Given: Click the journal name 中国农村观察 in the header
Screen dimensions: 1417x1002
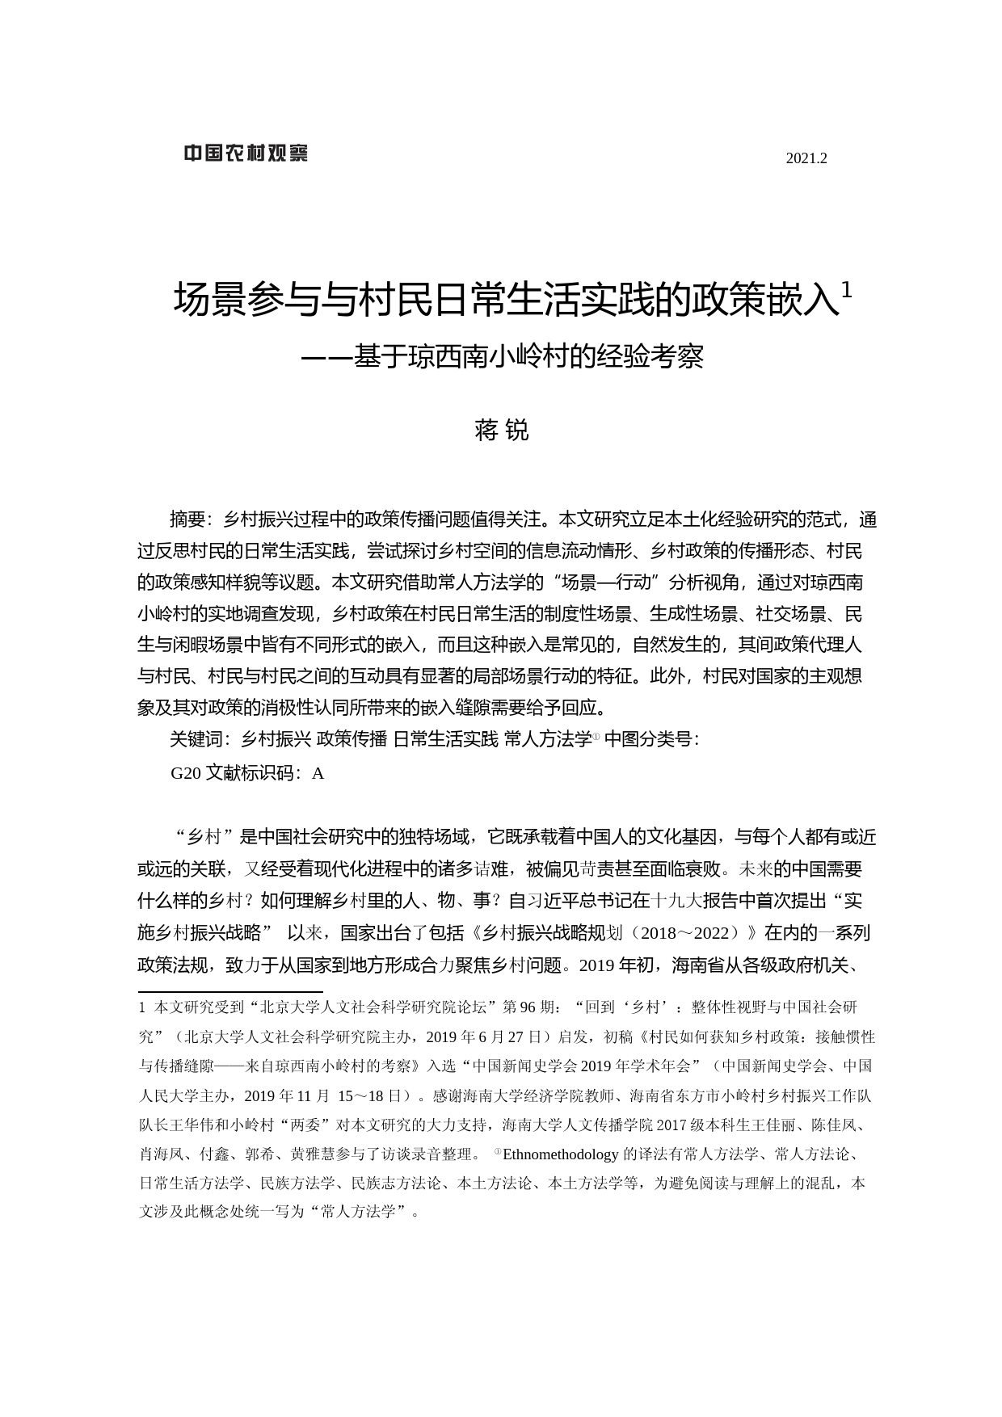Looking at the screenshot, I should coord(245,153).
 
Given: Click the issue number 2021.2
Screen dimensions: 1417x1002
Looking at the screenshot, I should coord(806,159).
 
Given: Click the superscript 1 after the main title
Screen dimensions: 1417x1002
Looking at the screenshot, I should coord(846,289).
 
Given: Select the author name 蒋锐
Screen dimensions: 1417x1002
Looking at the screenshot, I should coord(501,431).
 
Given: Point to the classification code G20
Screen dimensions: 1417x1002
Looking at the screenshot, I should coord(185,773).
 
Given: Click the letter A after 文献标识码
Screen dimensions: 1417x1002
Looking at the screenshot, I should coord(318,773).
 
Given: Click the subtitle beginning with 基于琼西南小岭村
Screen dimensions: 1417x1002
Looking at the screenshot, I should coord(501,357).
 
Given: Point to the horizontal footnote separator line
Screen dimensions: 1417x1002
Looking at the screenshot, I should coord(230,991).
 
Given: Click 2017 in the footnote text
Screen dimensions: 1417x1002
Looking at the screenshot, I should coord(672,1125).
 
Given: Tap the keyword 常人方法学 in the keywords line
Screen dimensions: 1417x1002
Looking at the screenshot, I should coord(547,739).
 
